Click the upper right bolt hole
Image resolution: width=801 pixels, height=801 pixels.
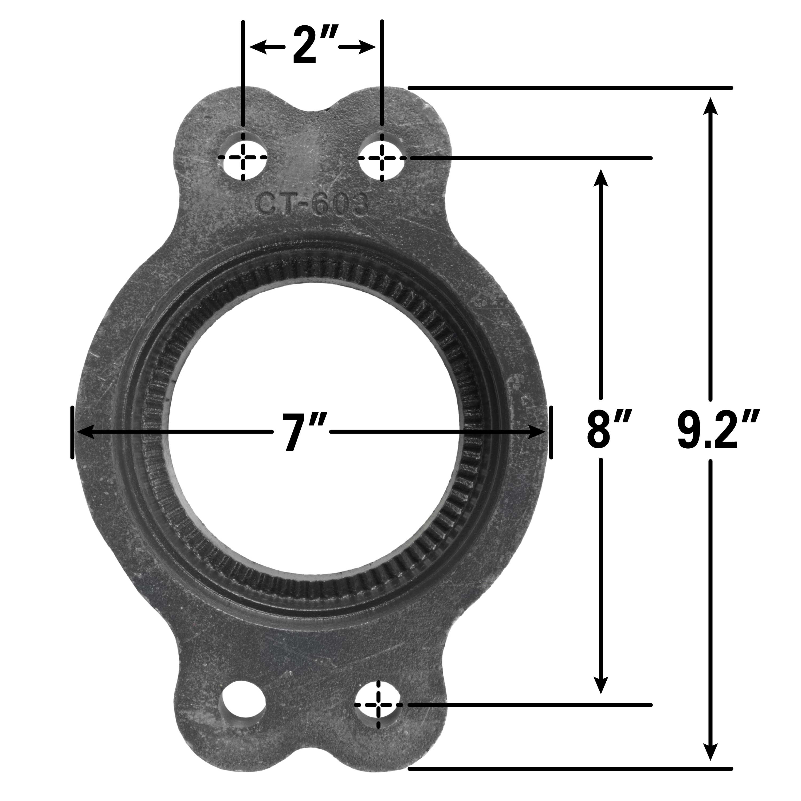coord(382,158)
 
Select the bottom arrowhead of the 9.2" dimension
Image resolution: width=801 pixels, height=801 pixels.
coord(711,760)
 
